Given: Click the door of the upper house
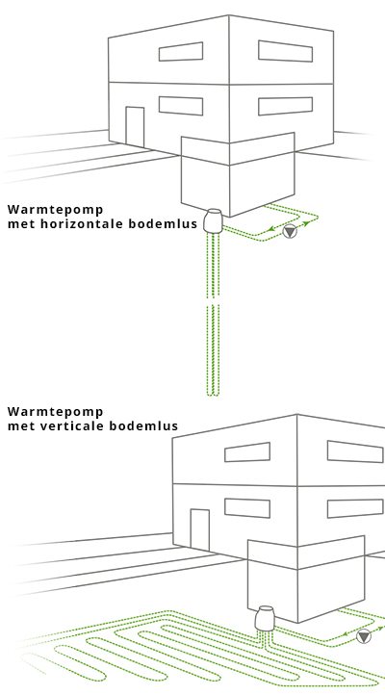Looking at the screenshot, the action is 135,127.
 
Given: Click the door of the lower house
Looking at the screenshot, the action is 200,530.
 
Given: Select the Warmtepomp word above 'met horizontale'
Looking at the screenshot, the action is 56,209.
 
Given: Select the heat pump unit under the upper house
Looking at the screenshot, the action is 214,220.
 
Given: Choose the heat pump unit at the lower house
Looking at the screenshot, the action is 266,618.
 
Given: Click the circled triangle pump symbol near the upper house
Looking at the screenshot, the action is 290,231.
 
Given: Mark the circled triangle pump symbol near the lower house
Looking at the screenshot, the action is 364,636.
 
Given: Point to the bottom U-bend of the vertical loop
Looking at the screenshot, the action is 213,393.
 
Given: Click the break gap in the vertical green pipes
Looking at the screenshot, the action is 213,301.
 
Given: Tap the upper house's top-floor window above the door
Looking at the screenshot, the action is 181,51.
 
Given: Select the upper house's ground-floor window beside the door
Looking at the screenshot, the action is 181,106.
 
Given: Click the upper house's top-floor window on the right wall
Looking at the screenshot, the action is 285,51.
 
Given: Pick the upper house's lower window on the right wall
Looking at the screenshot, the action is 285,106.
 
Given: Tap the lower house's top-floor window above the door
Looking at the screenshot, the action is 247,452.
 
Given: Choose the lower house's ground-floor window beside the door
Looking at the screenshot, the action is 247,508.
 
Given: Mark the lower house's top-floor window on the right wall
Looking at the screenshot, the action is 355,451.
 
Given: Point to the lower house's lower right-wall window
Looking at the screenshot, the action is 355,508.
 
